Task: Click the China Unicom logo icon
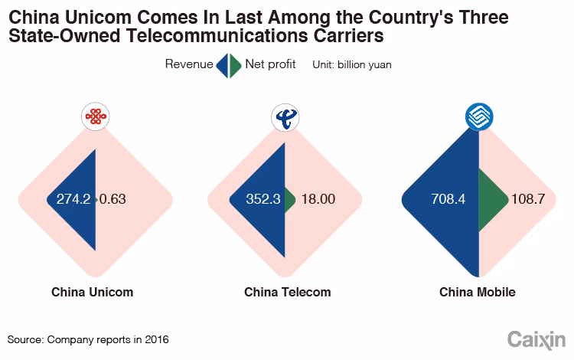pyautogui.click(x=95, y=117)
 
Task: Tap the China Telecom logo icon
pyautogui.click(x=286, y=117)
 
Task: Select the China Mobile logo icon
pyautogui.click(x=479, y=117)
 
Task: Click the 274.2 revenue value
pyautogui.click(x=73, y=199)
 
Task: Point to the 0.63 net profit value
pyautogui.click(x=112, y=199)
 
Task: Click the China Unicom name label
pyautogui.click(x=93, y=292)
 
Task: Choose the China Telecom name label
pyautogui.click(x=287, y=292)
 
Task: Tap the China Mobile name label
pyautogui.click(x=478, y=292)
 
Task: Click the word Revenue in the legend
pyautogui.click(x=189, y=64)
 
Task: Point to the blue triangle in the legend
pyautogui.click(x=223, y=65)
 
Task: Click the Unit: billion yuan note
pyautogui.click(x=351, y=65)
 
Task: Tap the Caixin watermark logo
pyautogui.click(x=536, y=338)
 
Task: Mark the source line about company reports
pyautogui.click(x=88, y=338)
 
